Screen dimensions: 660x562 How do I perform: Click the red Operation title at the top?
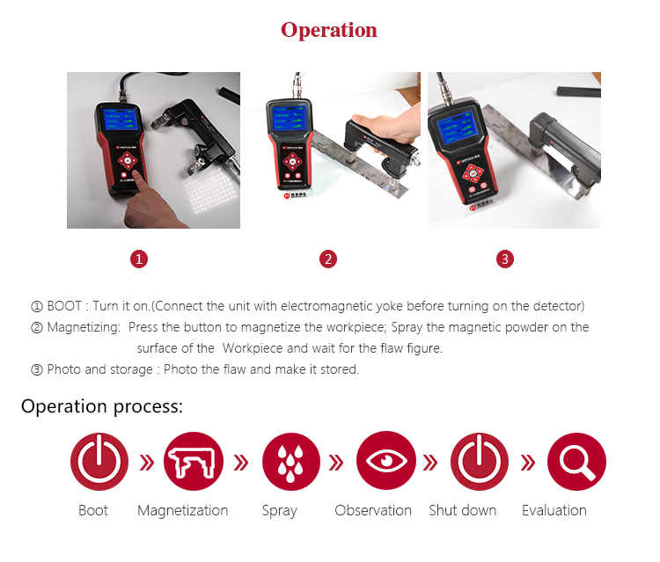329,30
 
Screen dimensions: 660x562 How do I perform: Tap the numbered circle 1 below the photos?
139,259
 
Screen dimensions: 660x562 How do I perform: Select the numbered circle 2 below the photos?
328,259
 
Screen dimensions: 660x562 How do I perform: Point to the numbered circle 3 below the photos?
505,259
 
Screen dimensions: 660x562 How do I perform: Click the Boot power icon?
99,462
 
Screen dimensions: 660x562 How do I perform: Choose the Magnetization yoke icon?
194,462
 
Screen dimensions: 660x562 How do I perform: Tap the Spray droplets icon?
291,462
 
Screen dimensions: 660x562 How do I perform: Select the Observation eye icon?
386,460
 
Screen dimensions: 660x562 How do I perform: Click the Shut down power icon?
480,462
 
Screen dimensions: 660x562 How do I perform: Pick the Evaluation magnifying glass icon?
576,462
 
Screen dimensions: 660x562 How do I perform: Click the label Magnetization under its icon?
183,511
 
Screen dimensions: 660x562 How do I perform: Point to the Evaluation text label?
554,510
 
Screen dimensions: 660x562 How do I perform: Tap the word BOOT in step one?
64,306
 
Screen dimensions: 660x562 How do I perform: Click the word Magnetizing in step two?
84,328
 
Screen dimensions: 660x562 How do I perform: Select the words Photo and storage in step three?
99,369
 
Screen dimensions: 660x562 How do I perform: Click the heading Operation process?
102,406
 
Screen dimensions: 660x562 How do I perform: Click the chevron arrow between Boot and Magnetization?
147,463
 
